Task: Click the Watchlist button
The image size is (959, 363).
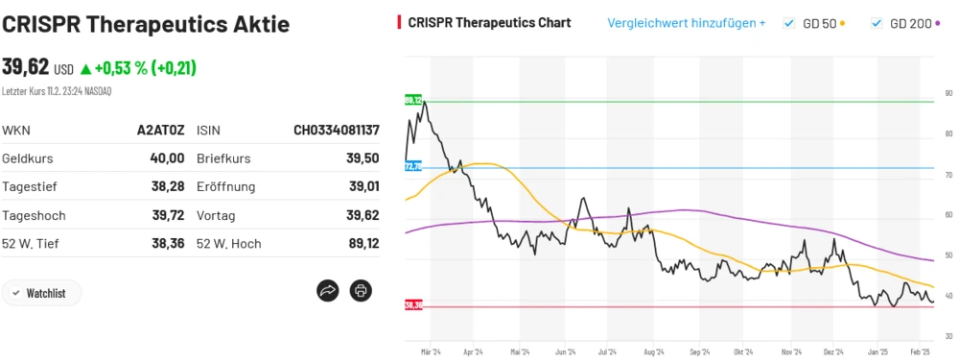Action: (x=41, y=293)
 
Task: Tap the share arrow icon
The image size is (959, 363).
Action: (x=328, y=290)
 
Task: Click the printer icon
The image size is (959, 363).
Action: (x=361, y=290)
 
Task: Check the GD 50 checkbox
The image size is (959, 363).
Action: (x=789, y=23)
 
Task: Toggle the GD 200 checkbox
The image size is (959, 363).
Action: (x=877, y=23)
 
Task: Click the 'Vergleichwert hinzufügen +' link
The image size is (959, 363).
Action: (x=686, y=23)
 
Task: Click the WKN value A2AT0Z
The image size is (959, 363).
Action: (x=161, y=130)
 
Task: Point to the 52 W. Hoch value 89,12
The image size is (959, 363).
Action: (x=363, y=244)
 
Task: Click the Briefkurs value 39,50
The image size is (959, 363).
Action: (x=363, y=158)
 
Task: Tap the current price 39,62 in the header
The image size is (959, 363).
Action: (x=25, y=67)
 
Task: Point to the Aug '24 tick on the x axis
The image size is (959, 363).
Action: (x=653, y=352)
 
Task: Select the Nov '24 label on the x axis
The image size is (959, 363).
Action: (x=791, y=352)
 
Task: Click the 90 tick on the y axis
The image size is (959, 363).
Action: (x=947, y=93)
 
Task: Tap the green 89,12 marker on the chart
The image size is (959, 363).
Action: (x=413, y=100)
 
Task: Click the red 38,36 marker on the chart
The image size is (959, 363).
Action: (x=413, y=305)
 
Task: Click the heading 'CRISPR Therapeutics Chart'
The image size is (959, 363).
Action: (x=489, y=23)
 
